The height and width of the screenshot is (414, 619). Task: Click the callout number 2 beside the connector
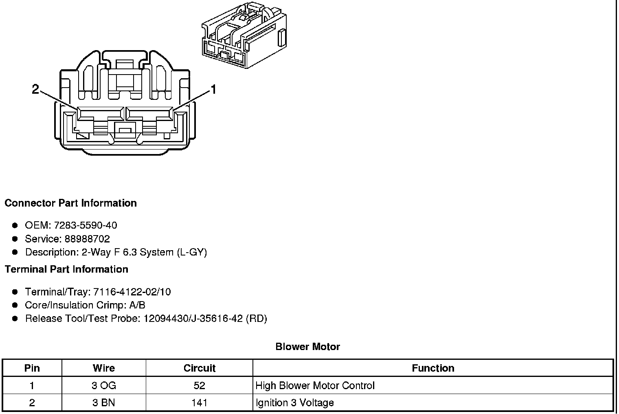pos(35,89)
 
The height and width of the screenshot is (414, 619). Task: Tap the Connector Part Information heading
pos(70,203)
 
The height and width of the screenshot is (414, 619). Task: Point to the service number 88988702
pos(87,239)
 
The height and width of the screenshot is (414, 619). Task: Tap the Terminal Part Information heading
pos(66,269)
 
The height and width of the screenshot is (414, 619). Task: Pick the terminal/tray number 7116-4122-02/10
pos(132,292)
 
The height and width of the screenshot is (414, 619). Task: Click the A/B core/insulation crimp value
pos(137,305)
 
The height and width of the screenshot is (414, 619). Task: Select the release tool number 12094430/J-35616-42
pos(193,319)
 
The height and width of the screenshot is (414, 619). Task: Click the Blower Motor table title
pos(307,347)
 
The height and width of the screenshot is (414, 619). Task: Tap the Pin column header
pos(32,368)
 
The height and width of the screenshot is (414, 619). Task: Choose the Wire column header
pos(104,368)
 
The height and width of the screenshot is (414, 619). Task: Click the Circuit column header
pos(199,368)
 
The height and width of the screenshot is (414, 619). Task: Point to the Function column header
pos(433,368)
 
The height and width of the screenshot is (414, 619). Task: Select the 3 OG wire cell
pos(104,385)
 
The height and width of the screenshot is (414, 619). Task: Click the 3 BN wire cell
pos(104,403)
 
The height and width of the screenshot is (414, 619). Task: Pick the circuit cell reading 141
pos(199,403)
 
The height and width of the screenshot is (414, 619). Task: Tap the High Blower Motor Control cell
pos(315,385)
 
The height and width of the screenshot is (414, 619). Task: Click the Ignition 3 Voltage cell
pos(294,403)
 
